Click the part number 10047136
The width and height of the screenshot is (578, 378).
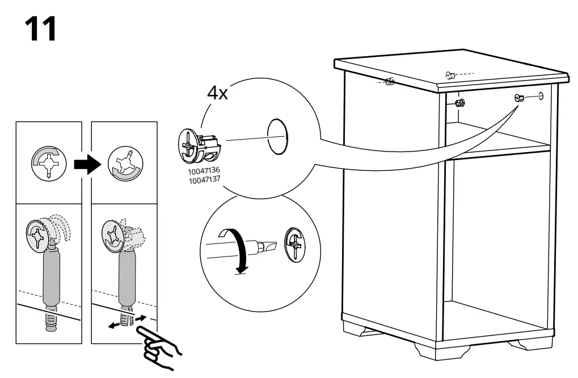[x=205, y=170]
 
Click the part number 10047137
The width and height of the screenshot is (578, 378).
[x=205, y=178]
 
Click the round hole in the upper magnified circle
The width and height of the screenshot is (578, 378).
[x=277, y=137]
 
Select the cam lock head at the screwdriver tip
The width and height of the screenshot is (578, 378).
[x=294, y=245]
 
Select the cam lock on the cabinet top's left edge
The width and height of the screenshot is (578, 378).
[x=389, y=82]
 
